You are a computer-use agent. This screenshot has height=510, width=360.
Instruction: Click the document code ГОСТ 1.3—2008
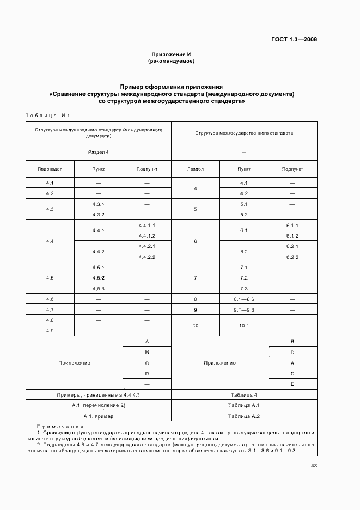click(x=294, y=39)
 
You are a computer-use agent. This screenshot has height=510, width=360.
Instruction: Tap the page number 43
click(x=314, y=465)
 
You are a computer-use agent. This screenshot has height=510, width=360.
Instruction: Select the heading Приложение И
click(x=171, y=54)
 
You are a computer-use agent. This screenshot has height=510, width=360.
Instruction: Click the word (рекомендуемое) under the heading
click(x=171, y=61)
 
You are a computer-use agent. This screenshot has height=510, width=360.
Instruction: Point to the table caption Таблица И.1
click(x=48, y=115)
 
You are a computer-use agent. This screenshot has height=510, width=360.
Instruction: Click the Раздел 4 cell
click(x=99, y=153)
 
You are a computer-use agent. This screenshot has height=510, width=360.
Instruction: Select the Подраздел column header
click(x=50, y=169)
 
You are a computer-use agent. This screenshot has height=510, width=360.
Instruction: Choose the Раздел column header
click(x=195, y=169)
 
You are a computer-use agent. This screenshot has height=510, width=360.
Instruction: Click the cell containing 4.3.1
click(x=99, y=204)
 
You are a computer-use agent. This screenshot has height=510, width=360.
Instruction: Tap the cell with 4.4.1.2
click(x=147, y=235)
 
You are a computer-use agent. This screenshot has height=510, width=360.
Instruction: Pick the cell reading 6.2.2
click(x=292, y=257)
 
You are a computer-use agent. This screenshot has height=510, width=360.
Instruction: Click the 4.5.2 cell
click(x=99, y=278)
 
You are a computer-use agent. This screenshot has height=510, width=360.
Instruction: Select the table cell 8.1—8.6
click(x=243, y=299)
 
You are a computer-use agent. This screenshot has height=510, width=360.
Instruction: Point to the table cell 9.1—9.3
click(x=243, y=309)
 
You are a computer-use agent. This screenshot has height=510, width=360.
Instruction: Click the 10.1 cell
click(x=243, y=326)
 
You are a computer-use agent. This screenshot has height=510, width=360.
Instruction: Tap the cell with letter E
click(x=292, y=384)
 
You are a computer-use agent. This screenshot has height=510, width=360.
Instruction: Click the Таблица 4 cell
click(x=243, y=395)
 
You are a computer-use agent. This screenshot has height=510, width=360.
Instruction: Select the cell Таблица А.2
click(x=243, y=416)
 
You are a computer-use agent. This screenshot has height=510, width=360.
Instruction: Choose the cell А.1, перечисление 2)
click(x=99, y=405)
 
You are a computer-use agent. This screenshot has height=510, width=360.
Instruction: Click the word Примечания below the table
click(x=60, y=427)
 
